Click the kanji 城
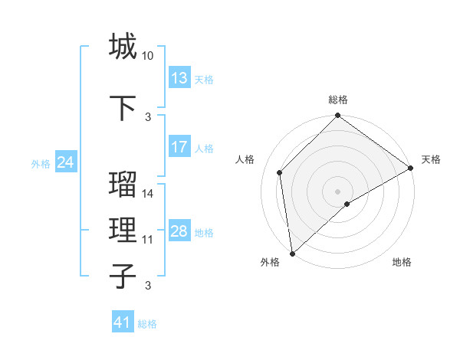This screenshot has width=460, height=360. [123, 46]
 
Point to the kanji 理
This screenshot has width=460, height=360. [123, 230]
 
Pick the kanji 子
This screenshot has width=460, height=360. [123, 276]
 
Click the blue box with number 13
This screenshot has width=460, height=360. [179, 78]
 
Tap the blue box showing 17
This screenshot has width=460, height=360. [179, 147]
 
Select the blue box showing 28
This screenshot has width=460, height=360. [179, 231]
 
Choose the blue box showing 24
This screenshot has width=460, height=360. [66, 162]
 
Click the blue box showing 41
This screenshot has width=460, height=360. [123, 322]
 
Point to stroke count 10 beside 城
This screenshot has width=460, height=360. [148, 56]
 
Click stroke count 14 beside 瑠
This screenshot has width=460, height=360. [148, 194]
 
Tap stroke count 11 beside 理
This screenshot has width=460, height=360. [148, 240]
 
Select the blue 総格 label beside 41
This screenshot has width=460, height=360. [147, 324]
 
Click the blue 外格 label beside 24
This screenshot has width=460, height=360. [41, 163]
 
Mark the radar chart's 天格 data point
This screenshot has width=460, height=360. [411, 169]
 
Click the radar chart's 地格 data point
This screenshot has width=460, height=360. [347, 204]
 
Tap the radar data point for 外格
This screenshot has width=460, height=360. [292, 253]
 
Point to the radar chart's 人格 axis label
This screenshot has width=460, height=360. [245, 159]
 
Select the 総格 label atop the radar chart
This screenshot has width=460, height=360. [338, 100]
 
